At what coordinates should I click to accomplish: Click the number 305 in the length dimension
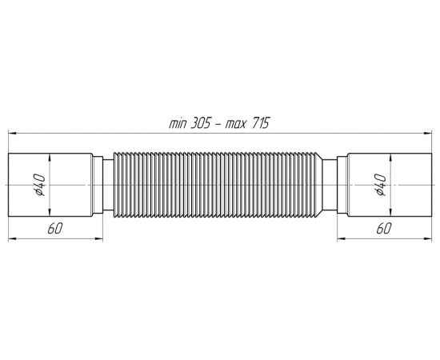point(200,123)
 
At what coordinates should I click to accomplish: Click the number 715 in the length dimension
point(260,123)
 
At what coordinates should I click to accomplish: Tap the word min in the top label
point(178,124)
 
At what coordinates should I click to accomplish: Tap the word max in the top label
point(236,124)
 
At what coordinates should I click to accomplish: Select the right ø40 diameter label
point(380,185)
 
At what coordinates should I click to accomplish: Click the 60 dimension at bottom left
point(54,229)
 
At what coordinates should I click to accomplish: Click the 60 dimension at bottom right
point(383,229)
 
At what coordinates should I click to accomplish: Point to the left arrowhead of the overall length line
point(12,134)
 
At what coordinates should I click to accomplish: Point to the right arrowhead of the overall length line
point(428,134)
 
